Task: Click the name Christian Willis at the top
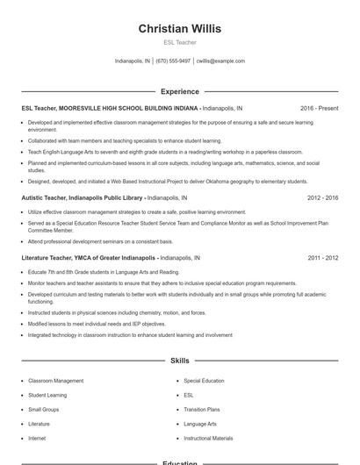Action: [x=179, y=29]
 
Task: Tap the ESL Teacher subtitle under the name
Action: [x=179, y=42]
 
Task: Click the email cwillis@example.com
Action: [x=220, y=61]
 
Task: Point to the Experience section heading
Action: [x=179, y=91]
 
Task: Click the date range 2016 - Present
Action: [x=319, y=108]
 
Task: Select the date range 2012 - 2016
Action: [x=322, y=198]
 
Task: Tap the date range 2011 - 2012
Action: [x=322, y=259]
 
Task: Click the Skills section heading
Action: [x=179, y=361]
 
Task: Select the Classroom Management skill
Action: [x=56, y=382]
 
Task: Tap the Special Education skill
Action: [x=204, y=382]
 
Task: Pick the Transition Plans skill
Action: [x=202, y=410]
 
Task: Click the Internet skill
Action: [x=37, y=438]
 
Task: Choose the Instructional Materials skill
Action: [x=208, y=438]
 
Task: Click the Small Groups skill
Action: [x=44, y=410]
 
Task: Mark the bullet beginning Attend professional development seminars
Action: [x=100, y=241]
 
